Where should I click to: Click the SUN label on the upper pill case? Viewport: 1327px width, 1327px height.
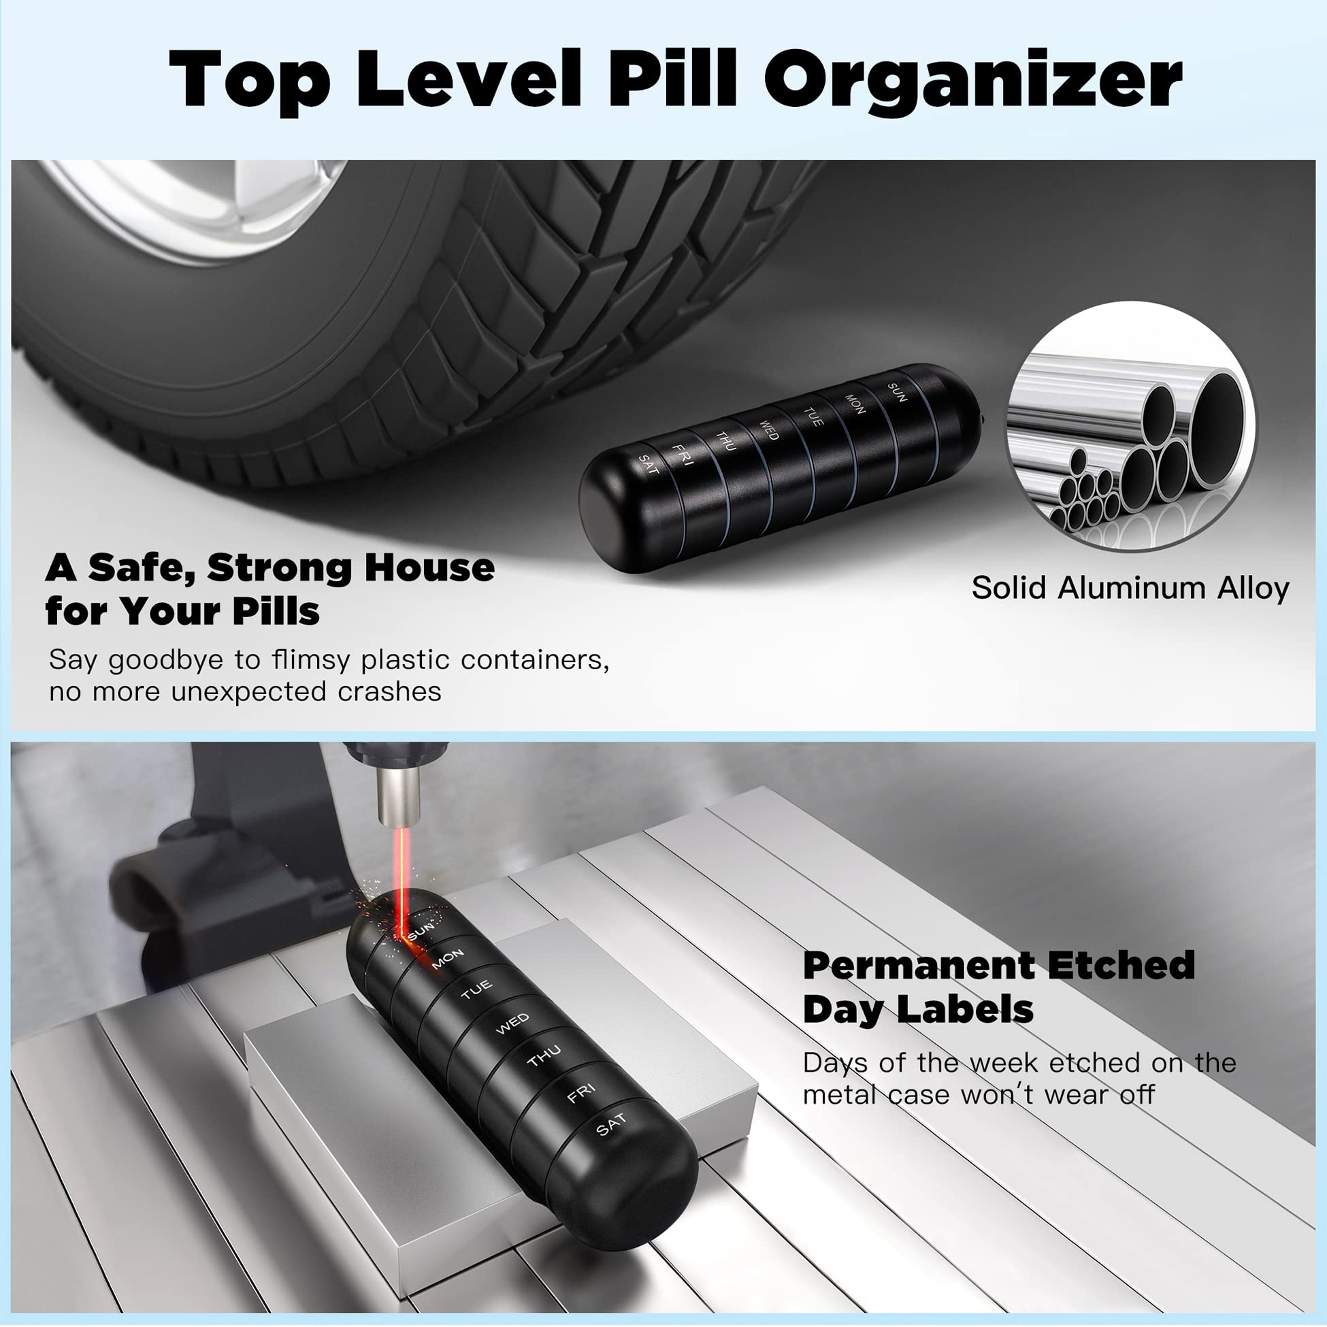(x=897, y=392)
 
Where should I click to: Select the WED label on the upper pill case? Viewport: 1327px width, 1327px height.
(x=768, y=431)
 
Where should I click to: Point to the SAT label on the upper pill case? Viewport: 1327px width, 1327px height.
(x=649, y=465)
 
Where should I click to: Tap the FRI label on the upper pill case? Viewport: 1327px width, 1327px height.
(x=683, y=454)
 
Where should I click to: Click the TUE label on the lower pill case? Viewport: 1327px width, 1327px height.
(x=476, y=989)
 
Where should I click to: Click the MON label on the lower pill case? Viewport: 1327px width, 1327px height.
(x=447, y=959)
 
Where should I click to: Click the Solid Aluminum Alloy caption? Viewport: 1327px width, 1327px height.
(x=1130, y=588)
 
